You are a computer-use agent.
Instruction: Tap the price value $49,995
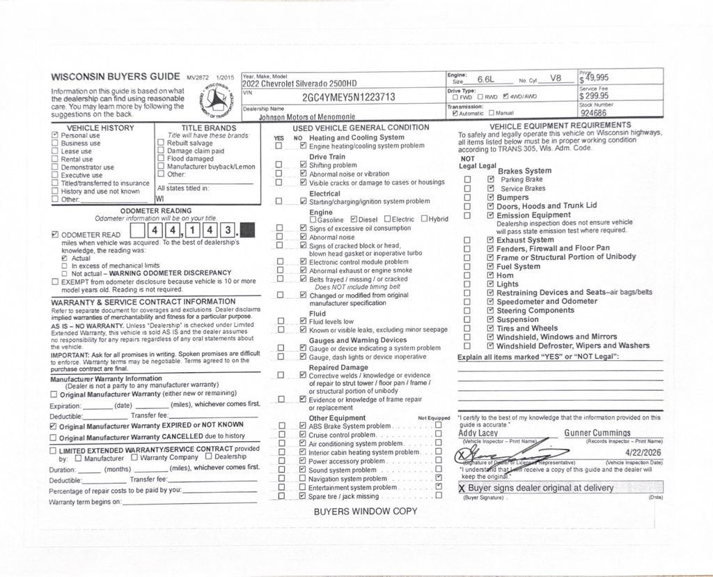[595, 77]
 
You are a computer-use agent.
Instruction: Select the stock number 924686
[593, 112]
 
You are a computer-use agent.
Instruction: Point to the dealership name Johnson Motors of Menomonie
[307, 117]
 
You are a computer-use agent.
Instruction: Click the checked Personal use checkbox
[55, 135]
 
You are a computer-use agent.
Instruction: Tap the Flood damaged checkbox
[161, 159]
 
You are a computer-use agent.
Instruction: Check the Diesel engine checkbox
[354, 220]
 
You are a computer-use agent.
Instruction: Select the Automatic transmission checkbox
[455, 113]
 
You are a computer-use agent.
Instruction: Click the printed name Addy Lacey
[478, 433]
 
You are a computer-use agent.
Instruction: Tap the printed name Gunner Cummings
[597, 433]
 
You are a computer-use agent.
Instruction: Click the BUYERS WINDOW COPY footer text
[366, 511]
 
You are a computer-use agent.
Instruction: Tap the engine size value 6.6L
[489, 79]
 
